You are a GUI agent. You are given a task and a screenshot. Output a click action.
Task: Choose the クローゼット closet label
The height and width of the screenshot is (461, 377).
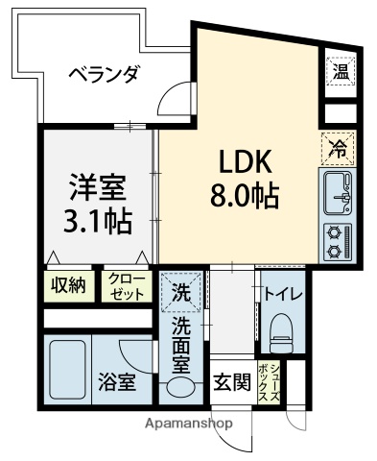click(x=127, y=286)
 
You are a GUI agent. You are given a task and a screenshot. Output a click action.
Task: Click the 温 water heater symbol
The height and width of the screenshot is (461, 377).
click(x=341, y=70)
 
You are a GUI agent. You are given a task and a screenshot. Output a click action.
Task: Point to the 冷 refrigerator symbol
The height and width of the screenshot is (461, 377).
click(x=338, y=148)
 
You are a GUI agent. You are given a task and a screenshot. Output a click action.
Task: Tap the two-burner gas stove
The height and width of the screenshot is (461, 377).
click(x=338, y=240)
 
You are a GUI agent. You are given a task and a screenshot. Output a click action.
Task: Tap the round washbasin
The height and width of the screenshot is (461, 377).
click(x=180, y=389)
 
